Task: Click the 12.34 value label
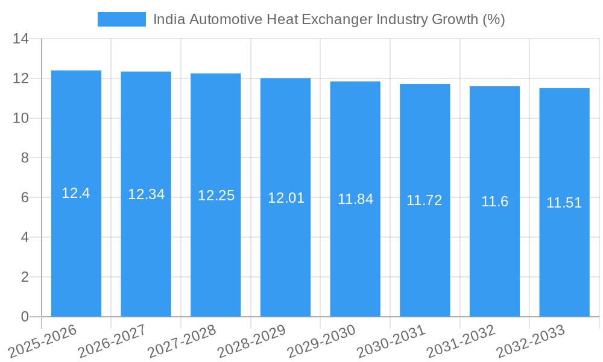pos(146,194)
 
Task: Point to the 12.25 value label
pos(216,195)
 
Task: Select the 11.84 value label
pos(355,199)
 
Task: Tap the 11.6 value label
pos(494,202)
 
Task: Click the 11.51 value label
pos(564,203)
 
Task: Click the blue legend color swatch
pos(121,19)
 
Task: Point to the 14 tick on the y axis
pos(21,39)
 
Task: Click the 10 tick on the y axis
pos(21,118)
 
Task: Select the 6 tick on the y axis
pos(25,198)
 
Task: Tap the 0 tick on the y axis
pos(25,317)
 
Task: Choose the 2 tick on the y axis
pos(25,277)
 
